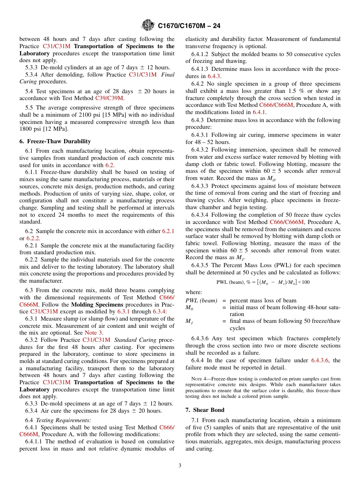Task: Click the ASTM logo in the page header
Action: [x=147, y=25]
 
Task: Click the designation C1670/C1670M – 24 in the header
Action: [x=189, y=26]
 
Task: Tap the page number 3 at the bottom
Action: [x=180, y=465]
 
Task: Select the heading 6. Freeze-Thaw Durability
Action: [x=55, y=141]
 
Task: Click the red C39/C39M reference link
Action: [x=109, y=98]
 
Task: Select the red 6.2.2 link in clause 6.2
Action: [x=33, y=238]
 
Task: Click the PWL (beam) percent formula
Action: [x=263, y=282]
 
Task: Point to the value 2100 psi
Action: [x=90, y=115]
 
